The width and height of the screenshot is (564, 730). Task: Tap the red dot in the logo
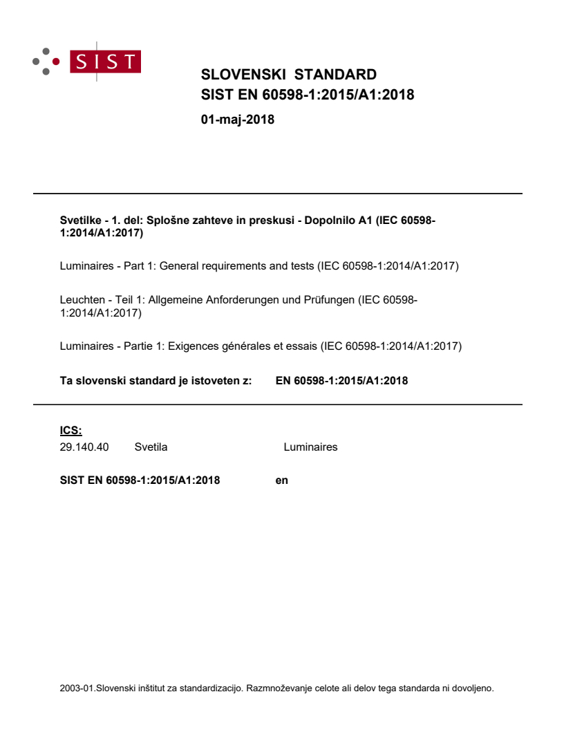[x=56, y=62]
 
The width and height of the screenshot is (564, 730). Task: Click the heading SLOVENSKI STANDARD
[x=288, y=75]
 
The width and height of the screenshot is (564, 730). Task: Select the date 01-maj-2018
[x=237, y=120]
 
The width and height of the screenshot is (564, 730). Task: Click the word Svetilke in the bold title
[x=79, y=221]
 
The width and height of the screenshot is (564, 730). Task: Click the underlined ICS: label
[x=71, y=431]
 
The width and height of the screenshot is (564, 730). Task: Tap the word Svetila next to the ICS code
[x=151, y=447]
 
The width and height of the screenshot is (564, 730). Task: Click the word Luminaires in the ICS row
[x=310, y=447]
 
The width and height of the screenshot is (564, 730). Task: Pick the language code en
[x=281, y=480]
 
